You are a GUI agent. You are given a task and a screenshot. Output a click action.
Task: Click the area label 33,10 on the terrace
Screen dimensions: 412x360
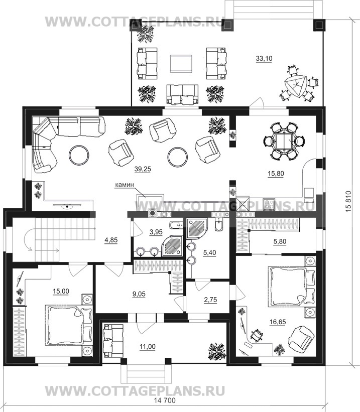point(264,59)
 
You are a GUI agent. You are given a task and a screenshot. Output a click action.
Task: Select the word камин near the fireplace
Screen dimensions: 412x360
point(125,185)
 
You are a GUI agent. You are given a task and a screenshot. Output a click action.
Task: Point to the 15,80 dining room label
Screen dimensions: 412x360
point(275,174)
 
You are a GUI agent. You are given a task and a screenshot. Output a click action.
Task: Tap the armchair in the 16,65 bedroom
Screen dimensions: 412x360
point(300,338)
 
